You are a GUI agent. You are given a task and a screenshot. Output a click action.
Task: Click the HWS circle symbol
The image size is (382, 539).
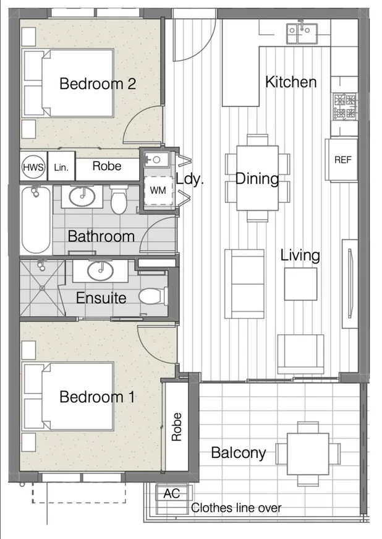(33, 168)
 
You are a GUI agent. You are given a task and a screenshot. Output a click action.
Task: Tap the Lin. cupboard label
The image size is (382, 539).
(61, 168)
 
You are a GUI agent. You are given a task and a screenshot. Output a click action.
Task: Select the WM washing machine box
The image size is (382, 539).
(158, 191)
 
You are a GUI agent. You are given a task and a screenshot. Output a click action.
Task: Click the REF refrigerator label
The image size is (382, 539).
(343, 160)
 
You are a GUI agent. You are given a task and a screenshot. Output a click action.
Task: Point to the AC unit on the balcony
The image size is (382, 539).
(172, 493)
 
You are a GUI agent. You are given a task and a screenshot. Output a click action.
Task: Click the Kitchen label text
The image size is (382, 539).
(291, 82)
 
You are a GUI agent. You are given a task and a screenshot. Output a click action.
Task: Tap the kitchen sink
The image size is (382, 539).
(302, 33)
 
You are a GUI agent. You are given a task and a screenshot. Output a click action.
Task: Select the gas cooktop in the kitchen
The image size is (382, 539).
(344, 106)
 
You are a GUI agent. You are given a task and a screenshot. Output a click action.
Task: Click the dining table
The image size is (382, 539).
(257, 178)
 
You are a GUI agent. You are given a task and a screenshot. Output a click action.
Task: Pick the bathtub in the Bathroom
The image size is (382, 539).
(36, 220)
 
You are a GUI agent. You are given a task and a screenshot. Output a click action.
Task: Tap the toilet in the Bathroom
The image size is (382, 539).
(119, 200)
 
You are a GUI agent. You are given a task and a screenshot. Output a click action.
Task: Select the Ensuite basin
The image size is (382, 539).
(100, 270)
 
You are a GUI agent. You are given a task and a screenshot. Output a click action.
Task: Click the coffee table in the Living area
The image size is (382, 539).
(300, 284)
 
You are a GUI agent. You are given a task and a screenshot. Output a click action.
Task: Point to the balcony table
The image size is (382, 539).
(308, 454)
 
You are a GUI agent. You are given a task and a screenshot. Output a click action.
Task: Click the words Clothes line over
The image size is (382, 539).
(236, 507)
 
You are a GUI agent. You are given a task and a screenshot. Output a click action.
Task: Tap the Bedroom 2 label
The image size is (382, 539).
(98, 84)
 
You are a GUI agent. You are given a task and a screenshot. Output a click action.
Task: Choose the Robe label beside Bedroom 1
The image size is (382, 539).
(176, 427)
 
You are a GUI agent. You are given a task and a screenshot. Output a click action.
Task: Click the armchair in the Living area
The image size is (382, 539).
(300, 354)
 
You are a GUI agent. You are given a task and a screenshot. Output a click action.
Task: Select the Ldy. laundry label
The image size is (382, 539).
(190, 179)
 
